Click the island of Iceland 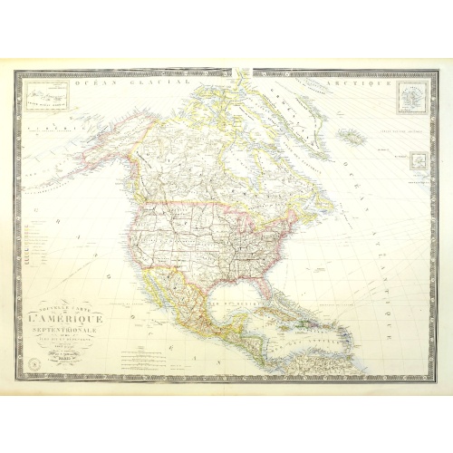(x=350, y=136)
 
